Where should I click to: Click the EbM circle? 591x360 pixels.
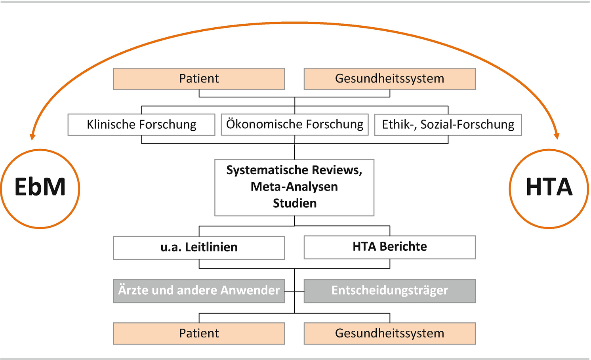pyautogui.click(x=40, y=189)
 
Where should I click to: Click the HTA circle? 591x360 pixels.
pyautogui.click(x=549, y=189)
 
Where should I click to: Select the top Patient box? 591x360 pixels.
pyautogui.click(x=199, y=79)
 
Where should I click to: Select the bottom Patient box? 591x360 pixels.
pyautogui.click(x=199, y=333)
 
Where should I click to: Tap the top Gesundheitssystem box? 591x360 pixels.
pyautogui.click(x=389, y=79)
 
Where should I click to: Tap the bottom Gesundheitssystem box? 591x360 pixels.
pyautogui.click(x=389, y=333)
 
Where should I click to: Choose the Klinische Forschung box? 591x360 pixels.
pyautogui.click(x=141, y=125)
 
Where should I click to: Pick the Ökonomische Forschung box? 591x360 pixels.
pyautogui.click(x=295, y=125)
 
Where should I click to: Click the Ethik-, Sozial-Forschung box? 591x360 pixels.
pyautogui.click(x=448, y=125)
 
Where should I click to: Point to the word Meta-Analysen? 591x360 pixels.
pyautogui.click(x=294, y=187)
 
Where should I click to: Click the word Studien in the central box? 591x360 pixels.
pyautogui.click(x=295, y=203)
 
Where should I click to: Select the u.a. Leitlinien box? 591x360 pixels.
pyautogui.click(x=199, y=248)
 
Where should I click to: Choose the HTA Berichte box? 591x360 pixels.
pyautogui.click(x=389, y=247)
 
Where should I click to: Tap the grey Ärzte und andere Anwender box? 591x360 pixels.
pyautogui.click(x=199, y=291)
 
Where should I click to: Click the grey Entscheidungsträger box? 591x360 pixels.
pyautogui.click(x=389, y=291)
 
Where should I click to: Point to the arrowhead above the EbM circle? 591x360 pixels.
pyautogui.click(x=33, y=136)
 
